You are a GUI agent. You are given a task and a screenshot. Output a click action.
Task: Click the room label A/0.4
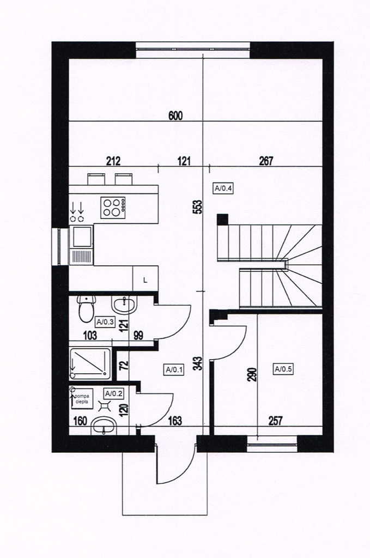pyautogui.click(x=223, y=188)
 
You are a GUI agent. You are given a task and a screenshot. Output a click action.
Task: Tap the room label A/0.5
pyautogui.click(x=283, y=369)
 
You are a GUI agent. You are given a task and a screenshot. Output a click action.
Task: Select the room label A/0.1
pyautogui.click(x=174, y=370)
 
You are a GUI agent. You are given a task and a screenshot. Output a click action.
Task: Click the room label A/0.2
pyautogui.click(x=113, y=393)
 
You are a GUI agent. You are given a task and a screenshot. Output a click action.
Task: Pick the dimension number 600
pyautogui.click(x=175, y=116)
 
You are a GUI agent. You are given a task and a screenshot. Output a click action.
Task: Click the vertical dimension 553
pyautogui.click(x=197, y=207)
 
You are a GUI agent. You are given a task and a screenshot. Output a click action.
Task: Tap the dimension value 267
pyautogui.click(x=266, y=161)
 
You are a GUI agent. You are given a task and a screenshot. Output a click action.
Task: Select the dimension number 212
pyautogui.click(x=113, y=161)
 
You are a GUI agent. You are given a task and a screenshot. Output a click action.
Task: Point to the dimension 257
pyautogui.click(x=275, y=421)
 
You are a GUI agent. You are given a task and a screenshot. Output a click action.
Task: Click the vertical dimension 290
pyautogui.click(x=252, y=374)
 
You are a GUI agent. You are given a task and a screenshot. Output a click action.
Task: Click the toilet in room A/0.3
pyautogui.click(x=86, y=308)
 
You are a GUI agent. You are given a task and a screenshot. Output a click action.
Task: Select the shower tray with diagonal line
pyautogui.click(x=90, y=363)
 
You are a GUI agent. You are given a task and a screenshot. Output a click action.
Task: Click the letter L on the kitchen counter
pyautogui.click(x=145, y=280)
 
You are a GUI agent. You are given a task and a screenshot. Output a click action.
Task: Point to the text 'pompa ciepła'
pyautogui.click(x=84, y=397)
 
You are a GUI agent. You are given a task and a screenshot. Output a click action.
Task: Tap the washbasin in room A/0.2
pyautogui.click(x=104, y=426)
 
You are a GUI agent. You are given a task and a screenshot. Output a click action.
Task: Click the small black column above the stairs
pyautogui.click(x=222, y=219)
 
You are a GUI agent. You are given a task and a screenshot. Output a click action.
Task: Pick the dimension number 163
pyautogui.click(x=175, y=421)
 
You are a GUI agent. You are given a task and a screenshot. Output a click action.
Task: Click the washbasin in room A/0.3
pyautogui.click(x=124, y=305)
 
